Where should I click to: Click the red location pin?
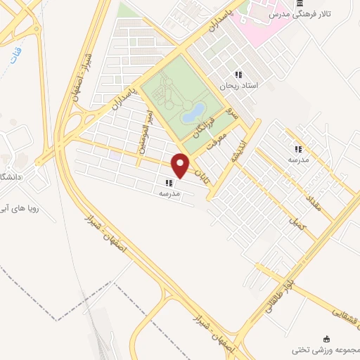pyautogui.click(x=181, y=165)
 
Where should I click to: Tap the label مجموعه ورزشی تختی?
pyautogui.click(x=327, y=349)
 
